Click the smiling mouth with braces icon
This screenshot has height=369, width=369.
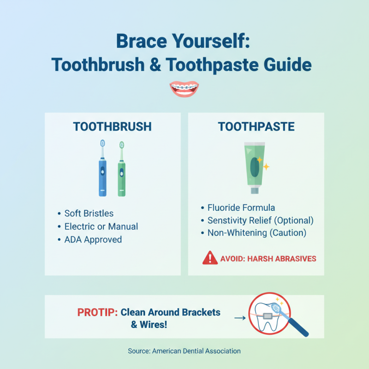[x=184, y=89]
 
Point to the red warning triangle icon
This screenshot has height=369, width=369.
[x=210, y=258]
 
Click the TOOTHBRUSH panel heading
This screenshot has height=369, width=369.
[x=112, y=126]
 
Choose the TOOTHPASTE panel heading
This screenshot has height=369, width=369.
[x=256, y=126]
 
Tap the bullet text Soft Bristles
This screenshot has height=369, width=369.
[x=89, y=213]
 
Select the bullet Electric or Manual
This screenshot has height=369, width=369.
[x=101, y=226]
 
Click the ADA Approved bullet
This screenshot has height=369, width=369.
[x=93, y=240]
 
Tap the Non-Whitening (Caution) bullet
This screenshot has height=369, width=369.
[x=256, y=233]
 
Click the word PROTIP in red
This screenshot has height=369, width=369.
[x=97, y=312]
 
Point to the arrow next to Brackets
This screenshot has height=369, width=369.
[x=239, y=317]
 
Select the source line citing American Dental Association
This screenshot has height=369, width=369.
[x=184, y=351]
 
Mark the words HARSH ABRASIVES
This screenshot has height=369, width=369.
[x=282, y=259]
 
